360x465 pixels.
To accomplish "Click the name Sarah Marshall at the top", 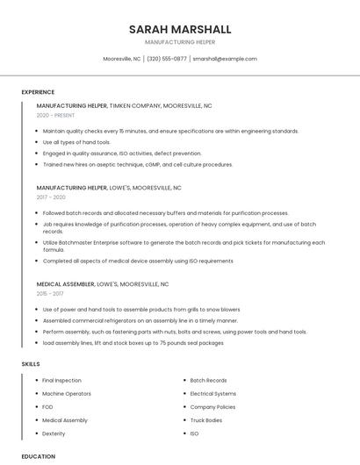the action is click(179, 29).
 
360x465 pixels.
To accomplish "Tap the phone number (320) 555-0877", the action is click(167, 59).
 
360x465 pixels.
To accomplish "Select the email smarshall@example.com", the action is click(225, 59).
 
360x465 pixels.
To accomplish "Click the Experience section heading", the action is click(38, 92).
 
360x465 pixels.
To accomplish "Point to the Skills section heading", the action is click(31, 363).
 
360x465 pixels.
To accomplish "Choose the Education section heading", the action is click(39, 456).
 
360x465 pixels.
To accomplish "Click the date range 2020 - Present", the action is click(55, 115).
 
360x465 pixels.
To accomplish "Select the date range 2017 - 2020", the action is click(51, 197).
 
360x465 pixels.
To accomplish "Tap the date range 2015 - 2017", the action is click(51, 294).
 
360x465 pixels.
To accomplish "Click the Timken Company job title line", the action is click(124, 105).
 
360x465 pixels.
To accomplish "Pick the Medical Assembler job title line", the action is click(103, 284).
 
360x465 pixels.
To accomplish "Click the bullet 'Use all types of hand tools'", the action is click(76, 142).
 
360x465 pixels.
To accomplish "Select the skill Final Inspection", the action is click(61, 381).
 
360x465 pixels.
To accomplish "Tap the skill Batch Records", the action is click(208, 381).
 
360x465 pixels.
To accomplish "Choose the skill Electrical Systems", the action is click(213, 394).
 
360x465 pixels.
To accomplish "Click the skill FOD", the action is click(48, 407).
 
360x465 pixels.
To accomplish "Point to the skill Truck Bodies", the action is click(206, 420).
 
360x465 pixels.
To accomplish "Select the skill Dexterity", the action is click(54, 433).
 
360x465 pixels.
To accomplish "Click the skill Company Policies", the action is click(212, 407).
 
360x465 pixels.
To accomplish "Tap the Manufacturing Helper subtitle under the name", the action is click(179, 42).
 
